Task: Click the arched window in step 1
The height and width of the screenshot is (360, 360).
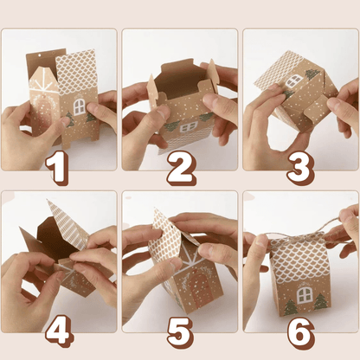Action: [x=79, y=108]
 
